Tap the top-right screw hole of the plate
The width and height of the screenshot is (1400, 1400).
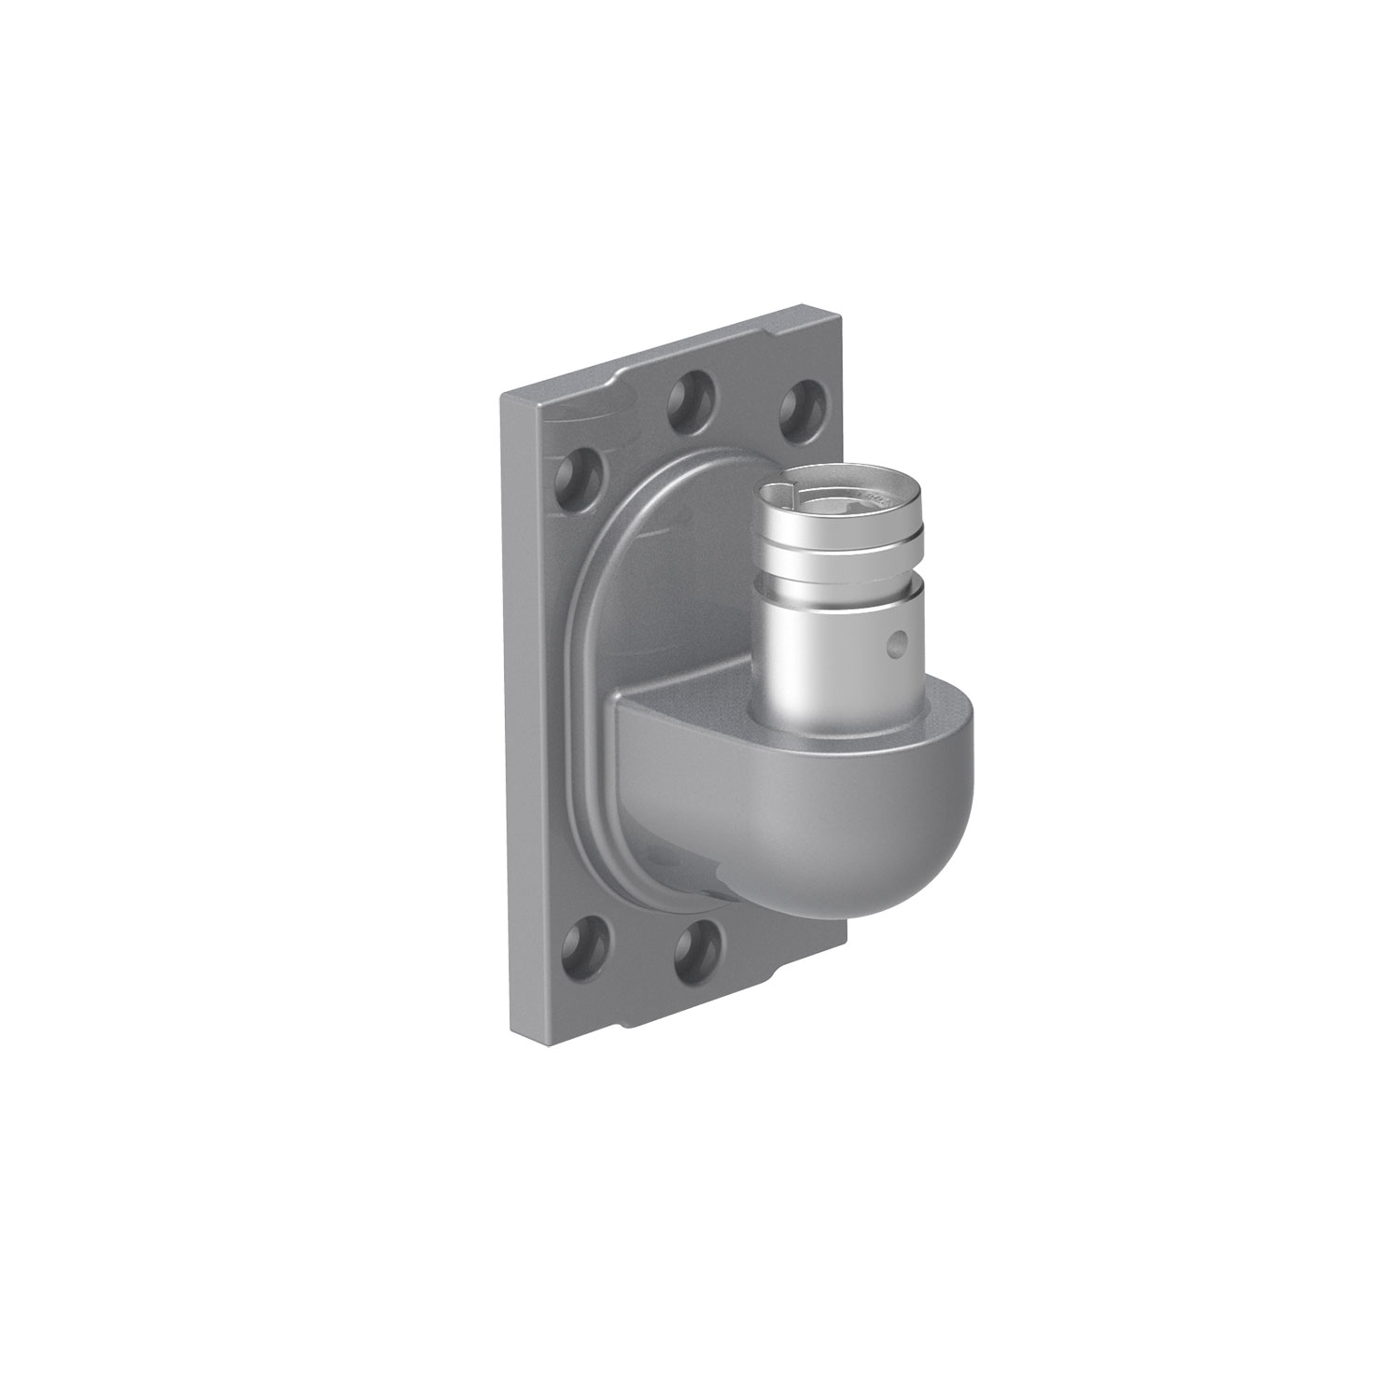pyautogui.click(x=800, y=400)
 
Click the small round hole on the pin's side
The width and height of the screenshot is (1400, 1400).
pyautogui.click(x=898, y=642)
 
